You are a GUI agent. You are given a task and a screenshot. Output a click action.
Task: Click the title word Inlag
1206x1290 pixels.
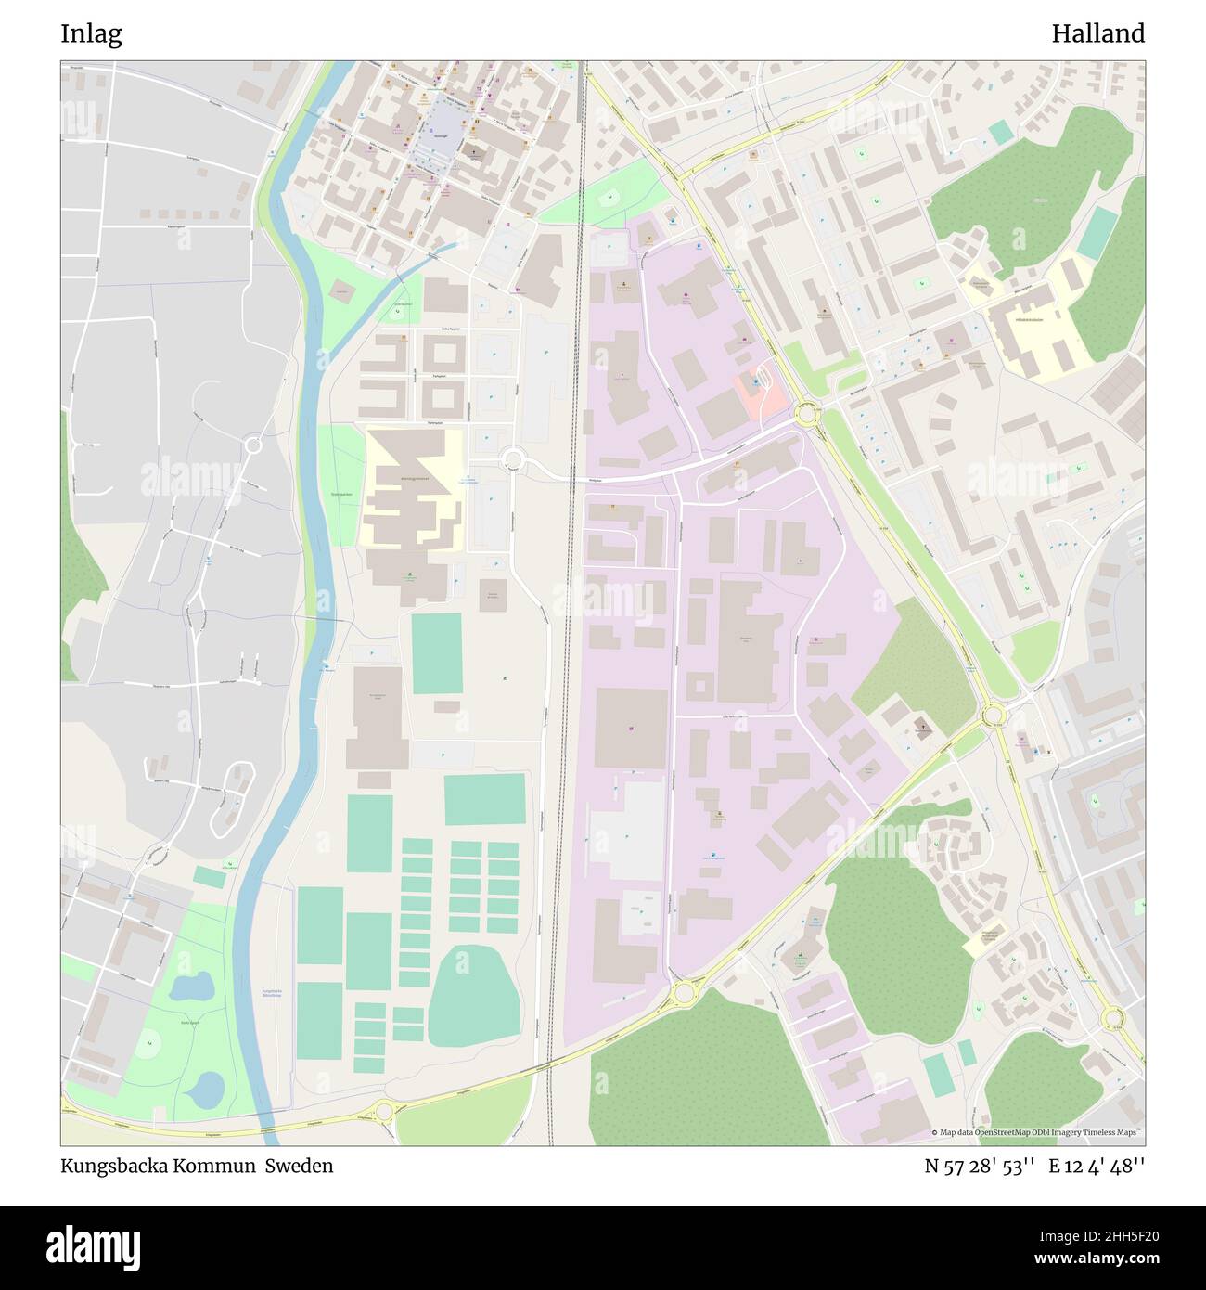(x=91, y=34)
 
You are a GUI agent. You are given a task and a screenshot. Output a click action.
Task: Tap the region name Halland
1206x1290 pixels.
(x=1097, y=34)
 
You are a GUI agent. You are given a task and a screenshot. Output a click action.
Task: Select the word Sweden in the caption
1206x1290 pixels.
(x=300, y=1166)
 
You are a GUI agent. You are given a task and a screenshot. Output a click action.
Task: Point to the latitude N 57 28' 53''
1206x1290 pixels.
(x=980, y=1166)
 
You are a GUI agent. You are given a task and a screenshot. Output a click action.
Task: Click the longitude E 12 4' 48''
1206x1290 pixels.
(x=1097, y=1166)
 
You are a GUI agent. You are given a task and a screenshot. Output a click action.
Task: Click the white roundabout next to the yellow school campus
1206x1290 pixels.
(x=511, y=458)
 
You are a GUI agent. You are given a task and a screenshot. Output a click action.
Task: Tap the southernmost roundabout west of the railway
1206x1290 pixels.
(x=384, y=1109)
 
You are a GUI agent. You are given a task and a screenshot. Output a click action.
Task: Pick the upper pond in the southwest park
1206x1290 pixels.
(x=192, y=987)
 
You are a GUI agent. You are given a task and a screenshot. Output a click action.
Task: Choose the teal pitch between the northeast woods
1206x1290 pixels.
(x=1097, y=234)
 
